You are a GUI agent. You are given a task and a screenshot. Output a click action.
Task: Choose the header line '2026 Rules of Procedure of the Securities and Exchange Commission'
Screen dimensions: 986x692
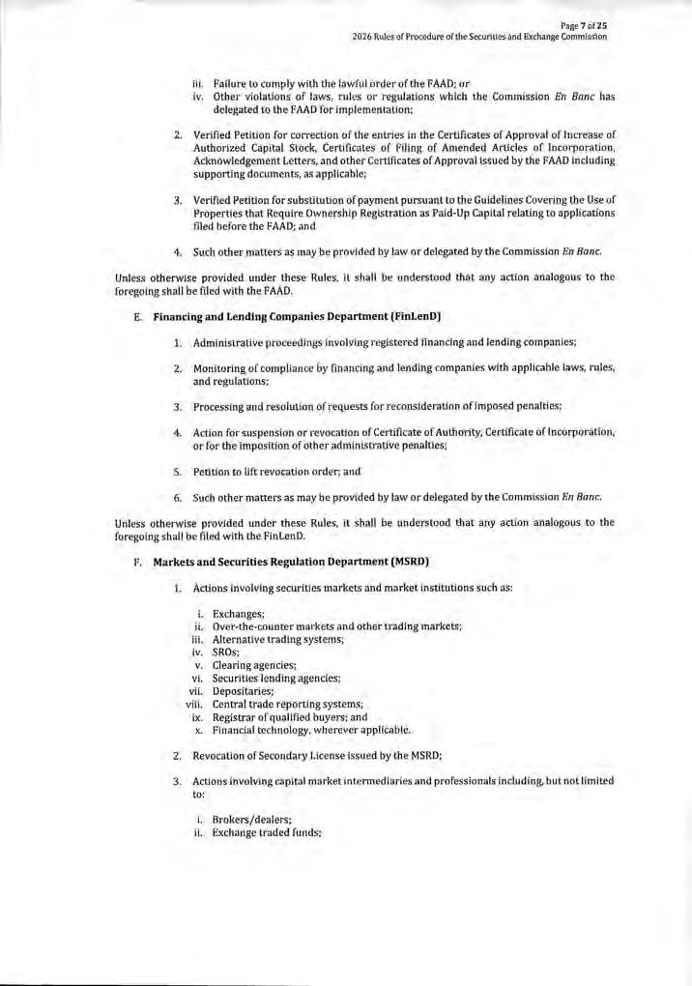(x=479, y=36)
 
